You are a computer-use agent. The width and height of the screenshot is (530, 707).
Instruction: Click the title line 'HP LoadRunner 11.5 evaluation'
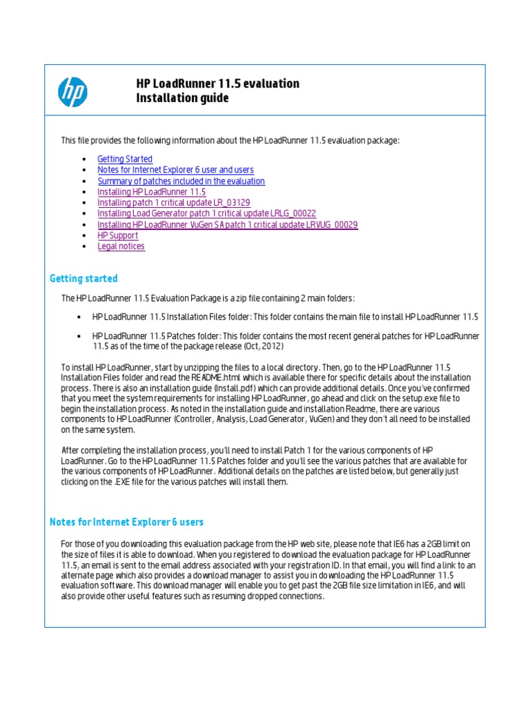pyautogui.click(x=218, y=84)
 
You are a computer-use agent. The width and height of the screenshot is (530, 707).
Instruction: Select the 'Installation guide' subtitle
pyautogui.click(x=182, y=99)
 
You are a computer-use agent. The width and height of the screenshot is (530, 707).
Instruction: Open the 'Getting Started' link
pyautogui.click(x=125, y=159)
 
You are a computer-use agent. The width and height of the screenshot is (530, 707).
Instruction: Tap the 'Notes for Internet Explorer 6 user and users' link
pyautogui.click(x=175, y=170)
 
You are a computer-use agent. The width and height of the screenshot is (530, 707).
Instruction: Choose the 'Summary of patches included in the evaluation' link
pyautogui.click(x=181, y=181)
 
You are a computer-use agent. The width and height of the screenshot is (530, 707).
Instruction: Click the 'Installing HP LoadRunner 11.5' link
pyautogui.click(x=151, y=192)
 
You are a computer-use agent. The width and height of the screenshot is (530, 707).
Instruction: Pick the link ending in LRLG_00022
pyautogui.click(x=206, y=214)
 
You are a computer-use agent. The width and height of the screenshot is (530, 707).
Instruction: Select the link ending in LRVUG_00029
pyautogui.click(x=227, y=224)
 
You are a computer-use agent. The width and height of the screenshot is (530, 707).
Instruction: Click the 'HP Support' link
pyautogui.click(x=117, y=235)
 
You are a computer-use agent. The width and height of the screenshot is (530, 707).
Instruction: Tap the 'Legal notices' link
pyautogui.click(x=121, y=246)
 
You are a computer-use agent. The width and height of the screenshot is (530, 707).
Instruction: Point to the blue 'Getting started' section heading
pyautogui.click(x=84, y=279)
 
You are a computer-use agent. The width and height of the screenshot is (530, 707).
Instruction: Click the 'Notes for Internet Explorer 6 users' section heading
pyautogui.click(x=126, y=522)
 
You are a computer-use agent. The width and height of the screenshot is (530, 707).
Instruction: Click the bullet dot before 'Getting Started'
pyautogui.click(x=84, y=159)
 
